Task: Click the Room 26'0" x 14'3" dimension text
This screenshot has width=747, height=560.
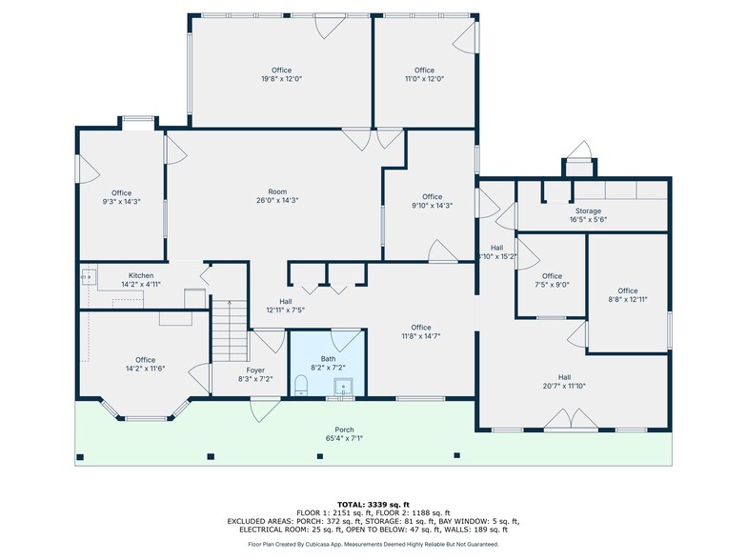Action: pos(277,200)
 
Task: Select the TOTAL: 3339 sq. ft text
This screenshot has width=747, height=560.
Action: pos(373,503)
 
